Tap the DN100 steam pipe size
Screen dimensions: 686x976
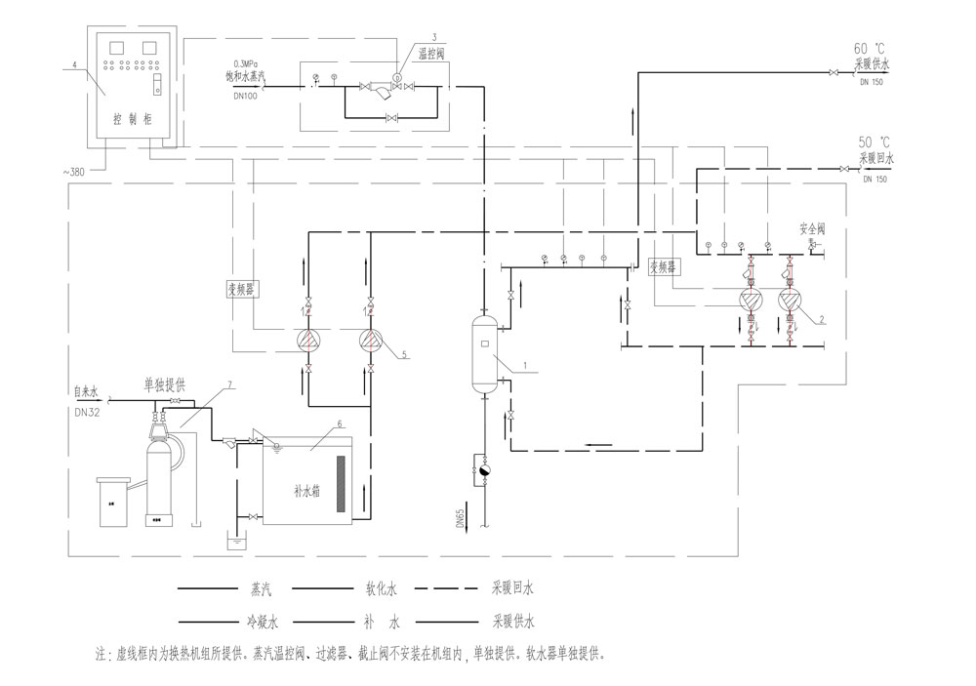tap(247, 96)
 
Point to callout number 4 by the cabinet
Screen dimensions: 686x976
tap(73, 64)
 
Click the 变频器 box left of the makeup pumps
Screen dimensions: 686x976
tap(239, 289)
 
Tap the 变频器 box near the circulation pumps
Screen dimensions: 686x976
tap(664, 265)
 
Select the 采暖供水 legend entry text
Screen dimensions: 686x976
tap(513, 621)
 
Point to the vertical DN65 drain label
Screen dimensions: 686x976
tap(469, 517)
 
